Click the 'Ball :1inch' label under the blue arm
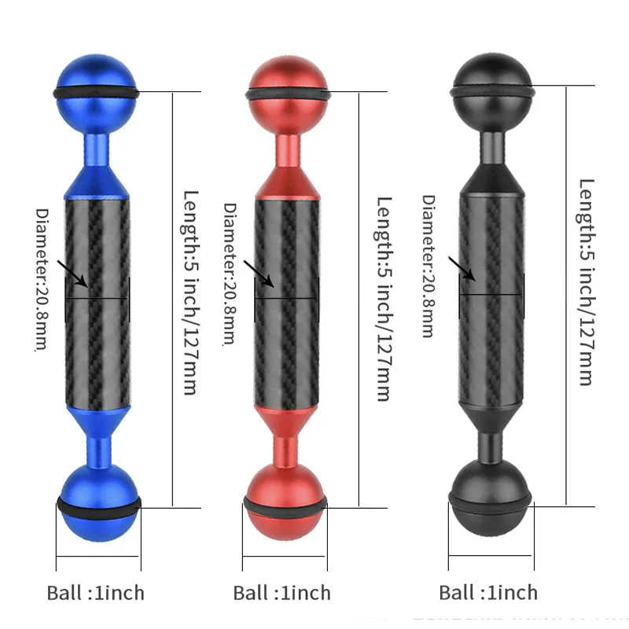pos(96,592)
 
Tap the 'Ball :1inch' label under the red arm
pos(282,592)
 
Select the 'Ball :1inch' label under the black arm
pos(488,592)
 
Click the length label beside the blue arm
pos(189,292)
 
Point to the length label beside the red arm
pos(383,299)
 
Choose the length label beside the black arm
pos(587,281)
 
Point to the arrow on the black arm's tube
pos(463,268)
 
